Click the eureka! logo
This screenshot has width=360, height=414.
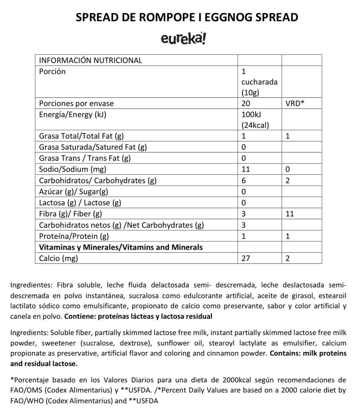pyautogui.click(x=183, y=39)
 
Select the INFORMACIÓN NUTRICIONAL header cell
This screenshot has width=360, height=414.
pyautogui.click(x=91, y=60)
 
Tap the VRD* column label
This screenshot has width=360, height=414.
pyautogui.click(x=295, y=103)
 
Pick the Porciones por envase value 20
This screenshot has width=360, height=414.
pyautogui.click(x=246, y=103)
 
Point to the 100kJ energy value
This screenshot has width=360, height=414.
pyautogui.click(x=251, y=114)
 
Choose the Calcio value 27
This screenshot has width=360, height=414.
pyautogui.click(x=246, y=258)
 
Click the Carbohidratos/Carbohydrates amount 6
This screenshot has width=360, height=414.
pyautogui.click(x=244, y=180)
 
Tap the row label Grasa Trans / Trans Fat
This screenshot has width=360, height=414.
pyautogui.click(x=85, y=158)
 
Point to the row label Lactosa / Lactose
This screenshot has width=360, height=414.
pyautogui.click(x=80, y=203)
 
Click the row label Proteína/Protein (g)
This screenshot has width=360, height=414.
pyautogui.click(x=74, y=236)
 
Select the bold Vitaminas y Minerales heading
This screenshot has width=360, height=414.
pyautogui.click(x=121, y=247)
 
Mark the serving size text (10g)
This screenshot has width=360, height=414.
pyautogui.click(x=250, y=93)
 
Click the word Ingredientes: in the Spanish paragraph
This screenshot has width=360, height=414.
pyautogui.click(x=31, y=285)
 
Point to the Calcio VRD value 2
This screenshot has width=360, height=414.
pyautogui.click(x=287, y=258)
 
